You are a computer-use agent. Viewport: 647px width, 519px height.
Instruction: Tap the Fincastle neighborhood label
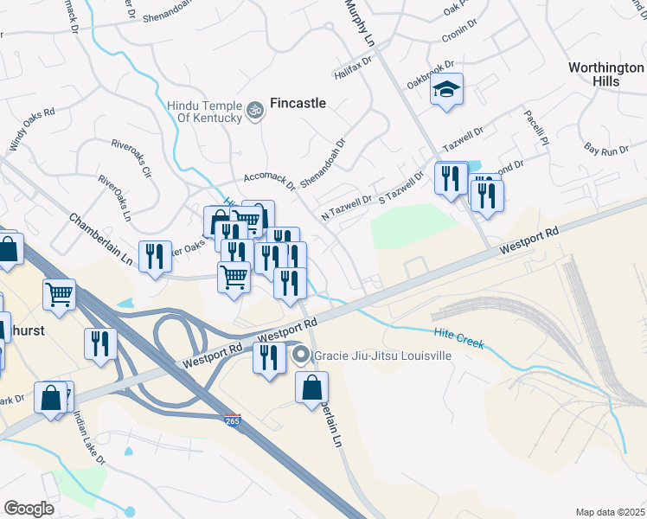point(298,103)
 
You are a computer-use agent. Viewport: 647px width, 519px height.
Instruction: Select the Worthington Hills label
point(606,74)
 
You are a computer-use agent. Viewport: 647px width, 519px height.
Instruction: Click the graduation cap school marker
point(447,90)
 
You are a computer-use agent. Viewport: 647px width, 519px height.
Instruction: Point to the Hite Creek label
point(458,338)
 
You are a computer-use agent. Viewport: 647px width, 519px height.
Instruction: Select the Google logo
point(29,509)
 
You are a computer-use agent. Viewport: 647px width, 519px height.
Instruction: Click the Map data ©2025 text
point(610,512)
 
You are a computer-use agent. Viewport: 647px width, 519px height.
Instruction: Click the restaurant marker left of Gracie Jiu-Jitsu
point(268,357)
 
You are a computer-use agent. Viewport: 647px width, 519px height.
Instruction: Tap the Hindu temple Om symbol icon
point(254,110)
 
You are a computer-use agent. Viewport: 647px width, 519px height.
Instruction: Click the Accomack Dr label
point(270,179)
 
